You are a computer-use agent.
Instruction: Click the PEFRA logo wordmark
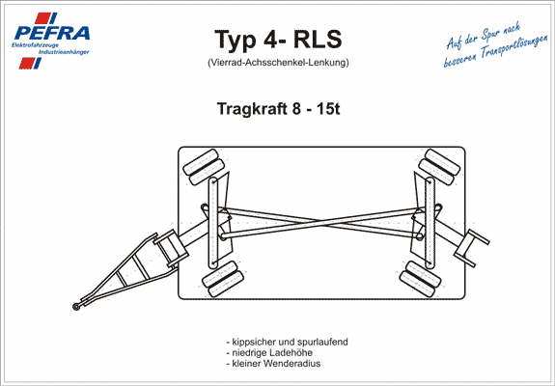tap(52, 33)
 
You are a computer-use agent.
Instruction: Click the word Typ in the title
tap(235, 40)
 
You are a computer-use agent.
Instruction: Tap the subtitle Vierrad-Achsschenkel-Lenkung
tap(278, 63)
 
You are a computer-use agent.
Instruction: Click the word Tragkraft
tap(252, 109)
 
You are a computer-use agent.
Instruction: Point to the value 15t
tap(328, 109)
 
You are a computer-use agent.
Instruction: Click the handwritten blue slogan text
tap(495, 44)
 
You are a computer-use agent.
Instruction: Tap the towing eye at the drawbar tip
tap(75, 306)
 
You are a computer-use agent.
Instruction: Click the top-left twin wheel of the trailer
tap(204, 167)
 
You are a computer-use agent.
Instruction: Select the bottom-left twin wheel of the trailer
tap(223, 279)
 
